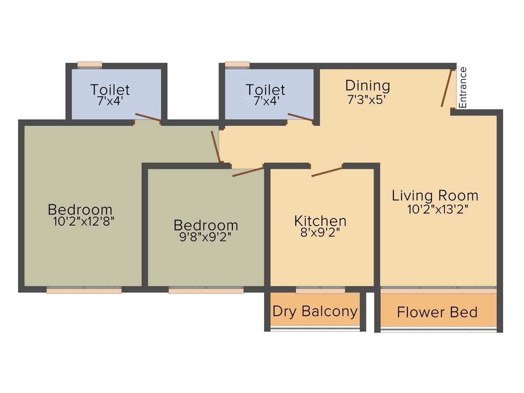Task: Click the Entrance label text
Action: [463, 88]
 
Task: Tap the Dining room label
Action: [367, 85]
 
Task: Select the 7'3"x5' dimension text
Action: [366, 100]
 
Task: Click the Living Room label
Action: [435, 195]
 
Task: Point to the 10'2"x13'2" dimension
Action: [438, 209]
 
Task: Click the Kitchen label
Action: [320, 221]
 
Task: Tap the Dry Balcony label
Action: [315, 311]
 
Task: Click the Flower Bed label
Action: [437, 312]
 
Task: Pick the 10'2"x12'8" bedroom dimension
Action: [83, 222]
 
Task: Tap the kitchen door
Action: [327, 171]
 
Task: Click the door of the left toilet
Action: [148, 118]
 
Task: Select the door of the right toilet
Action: [301, 118]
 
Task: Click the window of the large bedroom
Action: [84, 290]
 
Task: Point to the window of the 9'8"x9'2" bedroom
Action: [206, 290]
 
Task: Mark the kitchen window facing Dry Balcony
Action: [320, 290]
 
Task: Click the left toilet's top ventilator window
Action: [90, 65]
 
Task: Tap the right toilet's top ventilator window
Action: [237, 65]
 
